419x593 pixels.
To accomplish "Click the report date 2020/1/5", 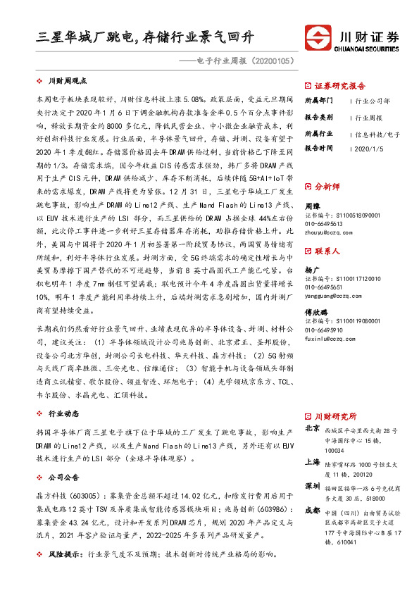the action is point(370,149).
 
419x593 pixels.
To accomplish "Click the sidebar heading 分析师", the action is point(327,187).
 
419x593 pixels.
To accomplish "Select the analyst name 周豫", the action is point(312,206).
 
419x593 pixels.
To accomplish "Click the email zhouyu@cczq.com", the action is point(330,230).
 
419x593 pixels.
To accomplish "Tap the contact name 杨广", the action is point(312,270).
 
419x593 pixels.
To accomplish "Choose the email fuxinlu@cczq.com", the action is point(330,338).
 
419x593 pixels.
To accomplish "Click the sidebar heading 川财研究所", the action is point(335,416).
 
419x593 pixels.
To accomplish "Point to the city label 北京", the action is point(312,428).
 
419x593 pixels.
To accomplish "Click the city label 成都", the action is point(312,511).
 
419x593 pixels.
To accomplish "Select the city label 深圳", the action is point(312,487).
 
